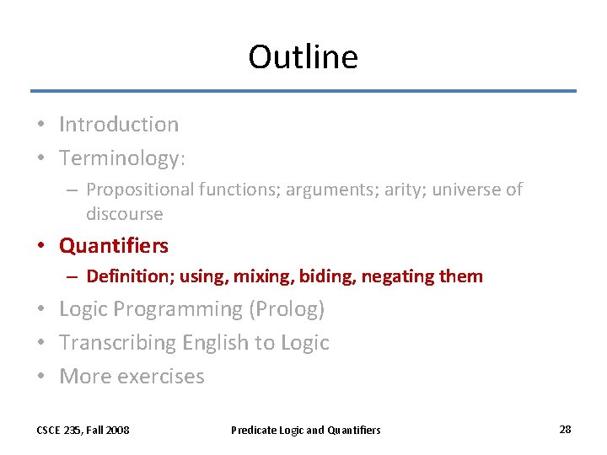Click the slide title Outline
tap(303, 57)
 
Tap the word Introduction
tap(119, 125)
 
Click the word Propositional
tap(140, 190)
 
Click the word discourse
tap(124, 214)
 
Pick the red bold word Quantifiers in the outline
tap(114, 246)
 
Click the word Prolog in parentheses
tap(287, 310)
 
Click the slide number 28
tap(565, 430)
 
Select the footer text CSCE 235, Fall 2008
tap(83, 430)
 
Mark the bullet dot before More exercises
tap(41, 377)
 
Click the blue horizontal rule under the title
tap(303, 91)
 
